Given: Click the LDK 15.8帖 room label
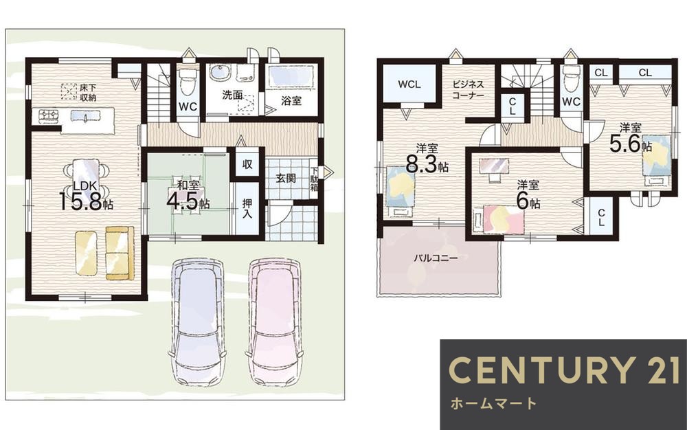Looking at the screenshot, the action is coord(87,195).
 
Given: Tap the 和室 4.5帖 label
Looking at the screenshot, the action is coord(188,195).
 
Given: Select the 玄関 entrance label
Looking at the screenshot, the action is coord(286,178).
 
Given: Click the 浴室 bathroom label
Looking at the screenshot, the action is coord(291,100).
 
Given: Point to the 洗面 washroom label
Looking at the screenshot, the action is coord(233,94).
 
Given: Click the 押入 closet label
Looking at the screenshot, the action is coord(247,209).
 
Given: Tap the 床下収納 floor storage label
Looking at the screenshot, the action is coord(88,93).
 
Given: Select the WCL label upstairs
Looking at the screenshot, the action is coord(409,84).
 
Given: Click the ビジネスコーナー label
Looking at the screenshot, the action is coord(468,89).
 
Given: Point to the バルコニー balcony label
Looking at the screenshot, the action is coord(436,258).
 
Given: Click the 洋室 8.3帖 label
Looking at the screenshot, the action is coord(427,159).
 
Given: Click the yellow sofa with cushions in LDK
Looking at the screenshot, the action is coord(120,252).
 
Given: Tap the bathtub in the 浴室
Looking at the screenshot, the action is coord(291,77).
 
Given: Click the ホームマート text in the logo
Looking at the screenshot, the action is coord(493,403).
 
